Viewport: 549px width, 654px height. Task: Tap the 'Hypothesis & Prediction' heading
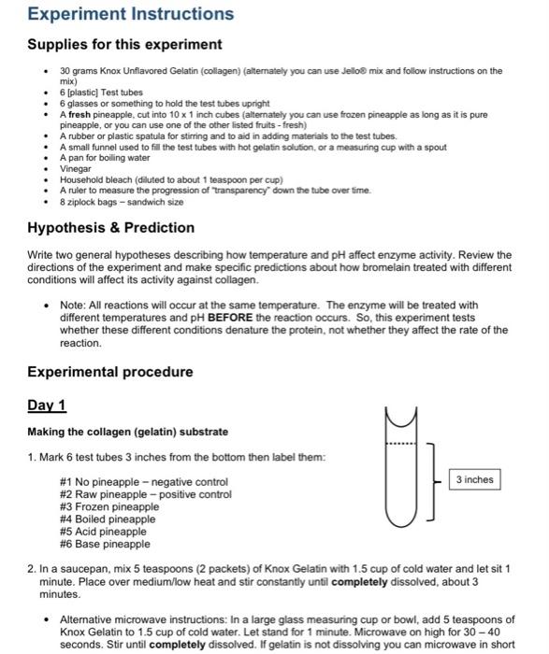[110, 227]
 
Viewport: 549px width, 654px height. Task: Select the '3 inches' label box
[474, 479]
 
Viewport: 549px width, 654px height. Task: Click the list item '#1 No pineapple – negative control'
[143, 482]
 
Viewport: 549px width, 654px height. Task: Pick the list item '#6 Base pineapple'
[104, 544]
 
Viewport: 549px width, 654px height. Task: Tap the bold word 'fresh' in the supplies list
[79, 114]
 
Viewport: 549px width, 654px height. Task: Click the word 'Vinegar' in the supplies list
[76, 168]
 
